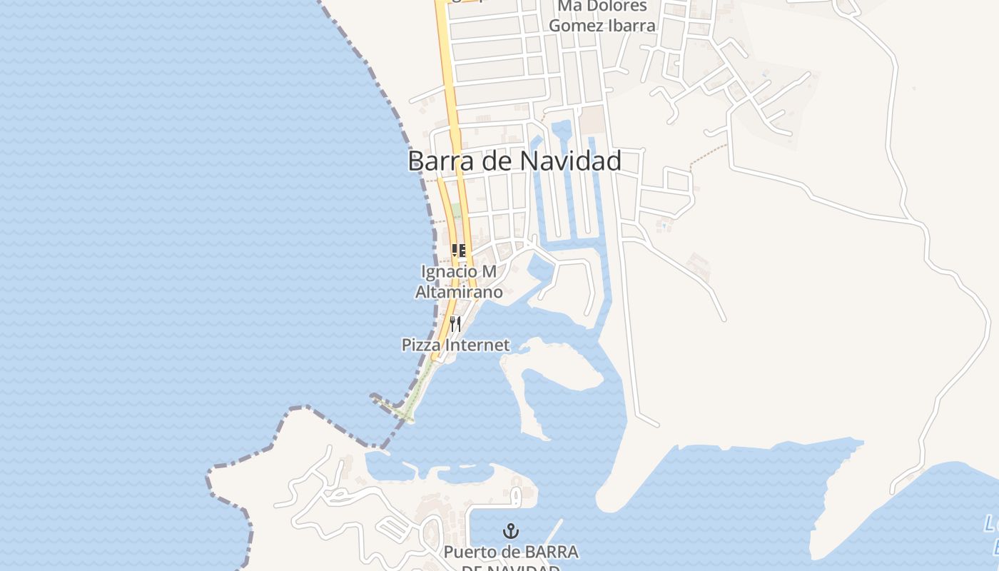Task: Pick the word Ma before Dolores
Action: [x=567, y=6]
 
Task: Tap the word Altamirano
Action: [x=460, y=292]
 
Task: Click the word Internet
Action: [x=477, y=345]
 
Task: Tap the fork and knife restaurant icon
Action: [x=455, y=324]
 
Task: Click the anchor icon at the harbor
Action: [x=511, y=530]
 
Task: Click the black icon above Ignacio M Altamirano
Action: [x=459, y=251]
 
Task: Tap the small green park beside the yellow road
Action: [x=455, y=212]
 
